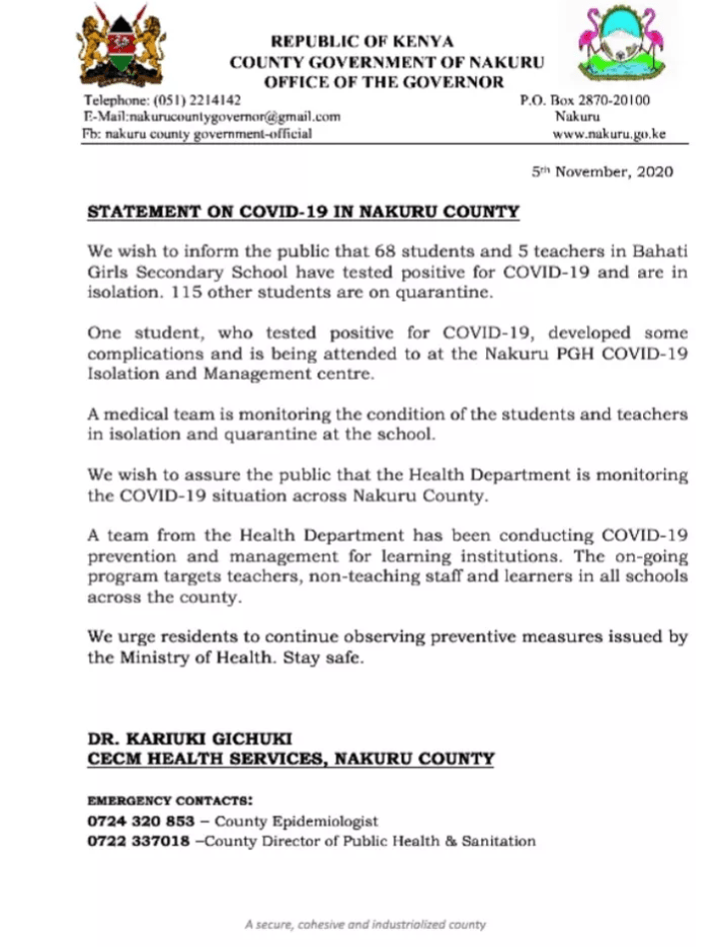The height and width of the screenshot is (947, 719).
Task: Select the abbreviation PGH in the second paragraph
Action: (559, 351)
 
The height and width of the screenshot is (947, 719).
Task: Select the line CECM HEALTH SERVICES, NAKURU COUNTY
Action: (290, 759)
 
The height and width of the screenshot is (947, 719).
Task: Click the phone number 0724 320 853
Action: (130, 822)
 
